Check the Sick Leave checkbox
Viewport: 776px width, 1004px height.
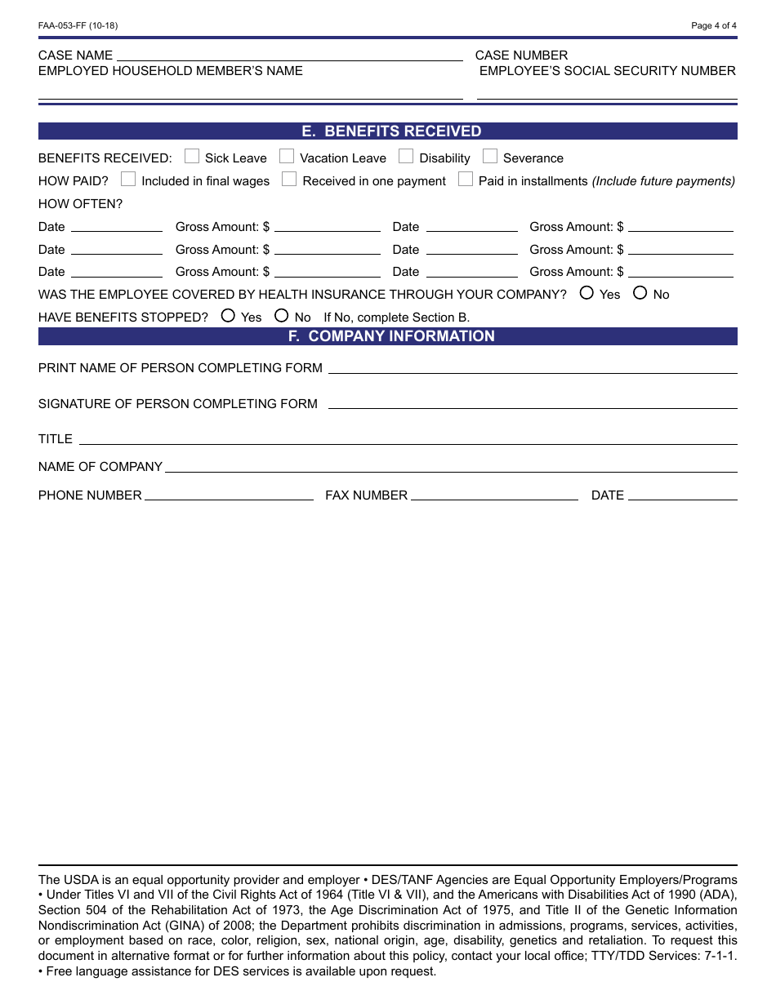[192, 156]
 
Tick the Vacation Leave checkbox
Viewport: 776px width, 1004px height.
[287, 156]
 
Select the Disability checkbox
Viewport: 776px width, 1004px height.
[406, 156]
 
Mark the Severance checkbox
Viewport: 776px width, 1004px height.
[490, 156]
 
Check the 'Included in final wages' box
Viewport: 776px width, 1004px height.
[128, 179]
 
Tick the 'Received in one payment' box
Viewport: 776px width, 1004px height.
[289, 179]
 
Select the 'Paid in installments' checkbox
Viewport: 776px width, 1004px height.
[466, 179]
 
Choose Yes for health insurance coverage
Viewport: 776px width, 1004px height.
[586, 292]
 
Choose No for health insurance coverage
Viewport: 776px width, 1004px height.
[640, 292]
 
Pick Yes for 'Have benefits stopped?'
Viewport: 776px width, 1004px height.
[228, 315]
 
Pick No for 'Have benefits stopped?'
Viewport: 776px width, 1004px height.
[282, 315]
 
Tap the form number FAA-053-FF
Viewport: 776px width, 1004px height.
[78, 25]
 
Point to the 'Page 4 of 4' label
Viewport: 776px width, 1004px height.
[713, 25]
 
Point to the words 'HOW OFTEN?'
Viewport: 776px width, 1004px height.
[80, 204]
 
